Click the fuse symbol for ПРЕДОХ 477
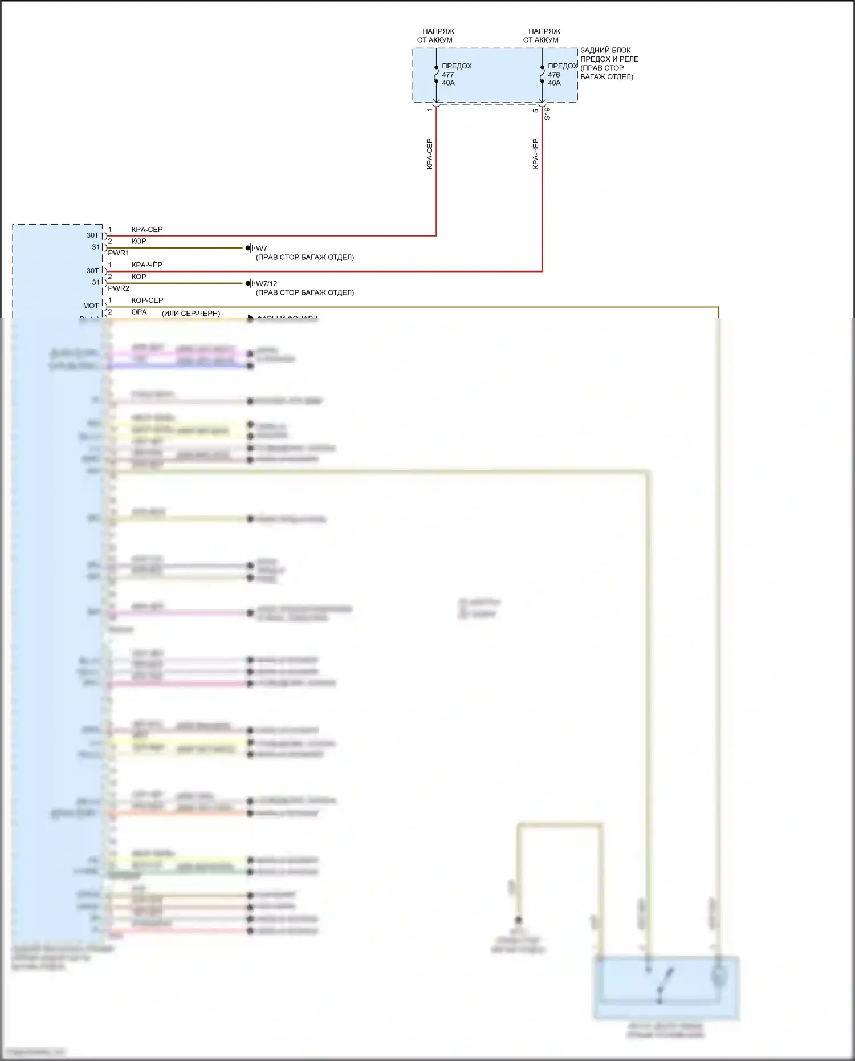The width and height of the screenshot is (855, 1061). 436,74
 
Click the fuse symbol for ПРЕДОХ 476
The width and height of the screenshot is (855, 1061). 542,74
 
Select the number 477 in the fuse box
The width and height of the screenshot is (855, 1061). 448,75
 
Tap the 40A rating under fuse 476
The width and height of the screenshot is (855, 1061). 554,83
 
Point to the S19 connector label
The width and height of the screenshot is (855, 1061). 547,113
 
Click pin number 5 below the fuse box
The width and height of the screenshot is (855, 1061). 536,110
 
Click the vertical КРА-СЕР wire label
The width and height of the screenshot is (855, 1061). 430,154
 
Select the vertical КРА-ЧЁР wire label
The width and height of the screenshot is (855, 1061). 535,154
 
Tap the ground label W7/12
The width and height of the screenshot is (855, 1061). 266,283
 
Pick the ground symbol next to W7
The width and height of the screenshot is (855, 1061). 250,248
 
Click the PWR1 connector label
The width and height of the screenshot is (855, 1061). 119,253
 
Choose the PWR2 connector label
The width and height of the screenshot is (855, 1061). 119,288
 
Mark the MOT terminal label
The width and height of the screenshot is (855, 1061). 91,306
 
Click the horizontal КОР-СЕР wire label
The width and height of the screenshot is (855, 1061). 147,300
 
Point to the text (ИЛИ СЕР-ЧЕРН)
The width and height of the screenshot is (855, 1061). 191,313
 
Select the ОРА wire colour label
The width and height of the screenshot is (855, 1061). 139,312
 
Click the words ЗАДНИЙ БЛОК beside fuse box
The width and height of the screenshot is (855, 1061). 605,50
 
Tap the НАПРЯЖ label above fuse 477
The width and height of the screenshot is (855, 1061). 438,31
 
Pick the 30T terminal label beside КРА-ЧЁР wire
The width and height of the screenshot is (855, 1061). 92,271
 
